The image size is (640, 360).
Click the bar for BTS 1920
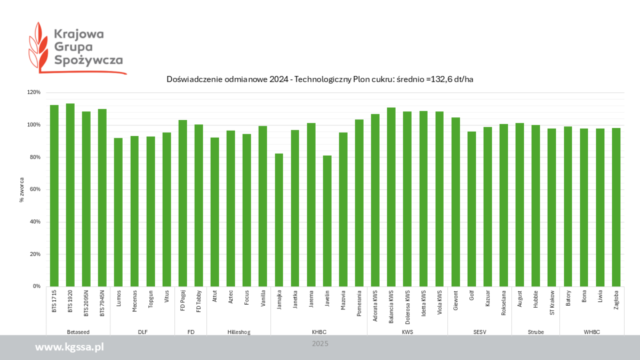[70, 195]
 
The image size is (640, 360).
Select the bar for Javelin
[327, 221]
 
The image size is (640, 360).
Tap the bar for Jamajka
[278, 220]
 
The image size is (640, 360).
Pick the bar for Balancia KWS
[391, 197]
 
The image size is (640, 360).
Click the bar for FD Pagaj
[182, 203]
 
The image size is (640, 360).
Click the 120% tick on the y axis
[34, 92]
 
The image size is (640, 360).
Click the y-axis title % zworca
[22, 189]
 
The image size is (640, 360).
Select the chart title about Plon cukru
[319, 79]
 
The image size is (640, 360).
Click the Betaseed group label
[78, 332]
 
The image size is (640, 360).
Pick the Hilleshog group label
[238, 332]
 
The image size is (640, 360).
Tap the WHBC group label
[591, 332]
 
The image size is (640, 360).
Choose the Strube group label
[535, 332]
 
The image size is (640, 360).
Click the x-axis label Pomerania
[359, 303]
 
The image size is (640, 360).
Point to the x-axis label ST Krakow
[552, 302]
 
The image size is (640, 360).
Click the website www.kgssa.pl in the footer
[69, 347]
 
